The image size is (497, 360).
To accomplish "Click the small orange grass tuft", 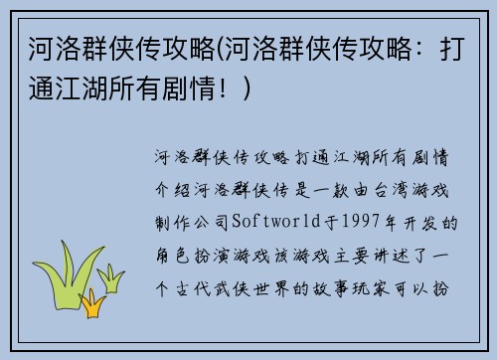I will (x=94, y=304).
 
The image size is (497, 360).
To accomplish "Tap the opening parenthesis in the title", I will (x=220, y=47).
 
